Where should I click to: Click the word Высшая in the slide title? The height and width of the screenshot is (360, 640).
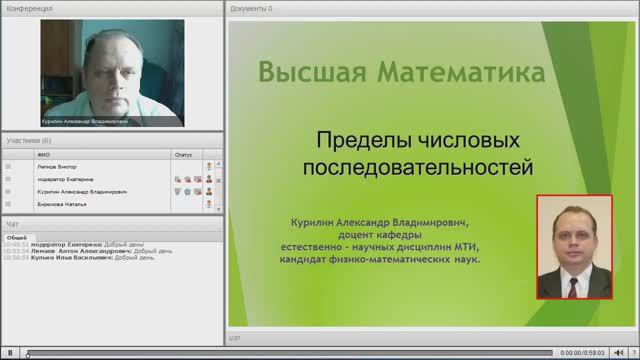[x=311, y=73]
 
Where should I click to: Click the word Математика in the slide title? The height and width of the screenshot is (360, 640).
[x=461, y=73]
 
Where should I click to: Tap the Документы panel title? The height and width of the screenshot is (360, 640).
[x=251, y=8]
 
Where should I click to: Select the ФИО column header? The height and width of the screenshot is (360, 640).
[x=44, y=155]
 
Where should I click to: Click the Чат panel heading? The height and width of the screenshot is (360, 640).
[x=12, y=223]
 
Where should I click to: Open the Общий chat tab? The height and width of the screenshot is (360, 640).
[x=17, y=236]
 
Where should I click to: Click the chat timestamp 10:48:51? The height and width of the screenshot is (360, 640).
[x=14, y=244]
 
